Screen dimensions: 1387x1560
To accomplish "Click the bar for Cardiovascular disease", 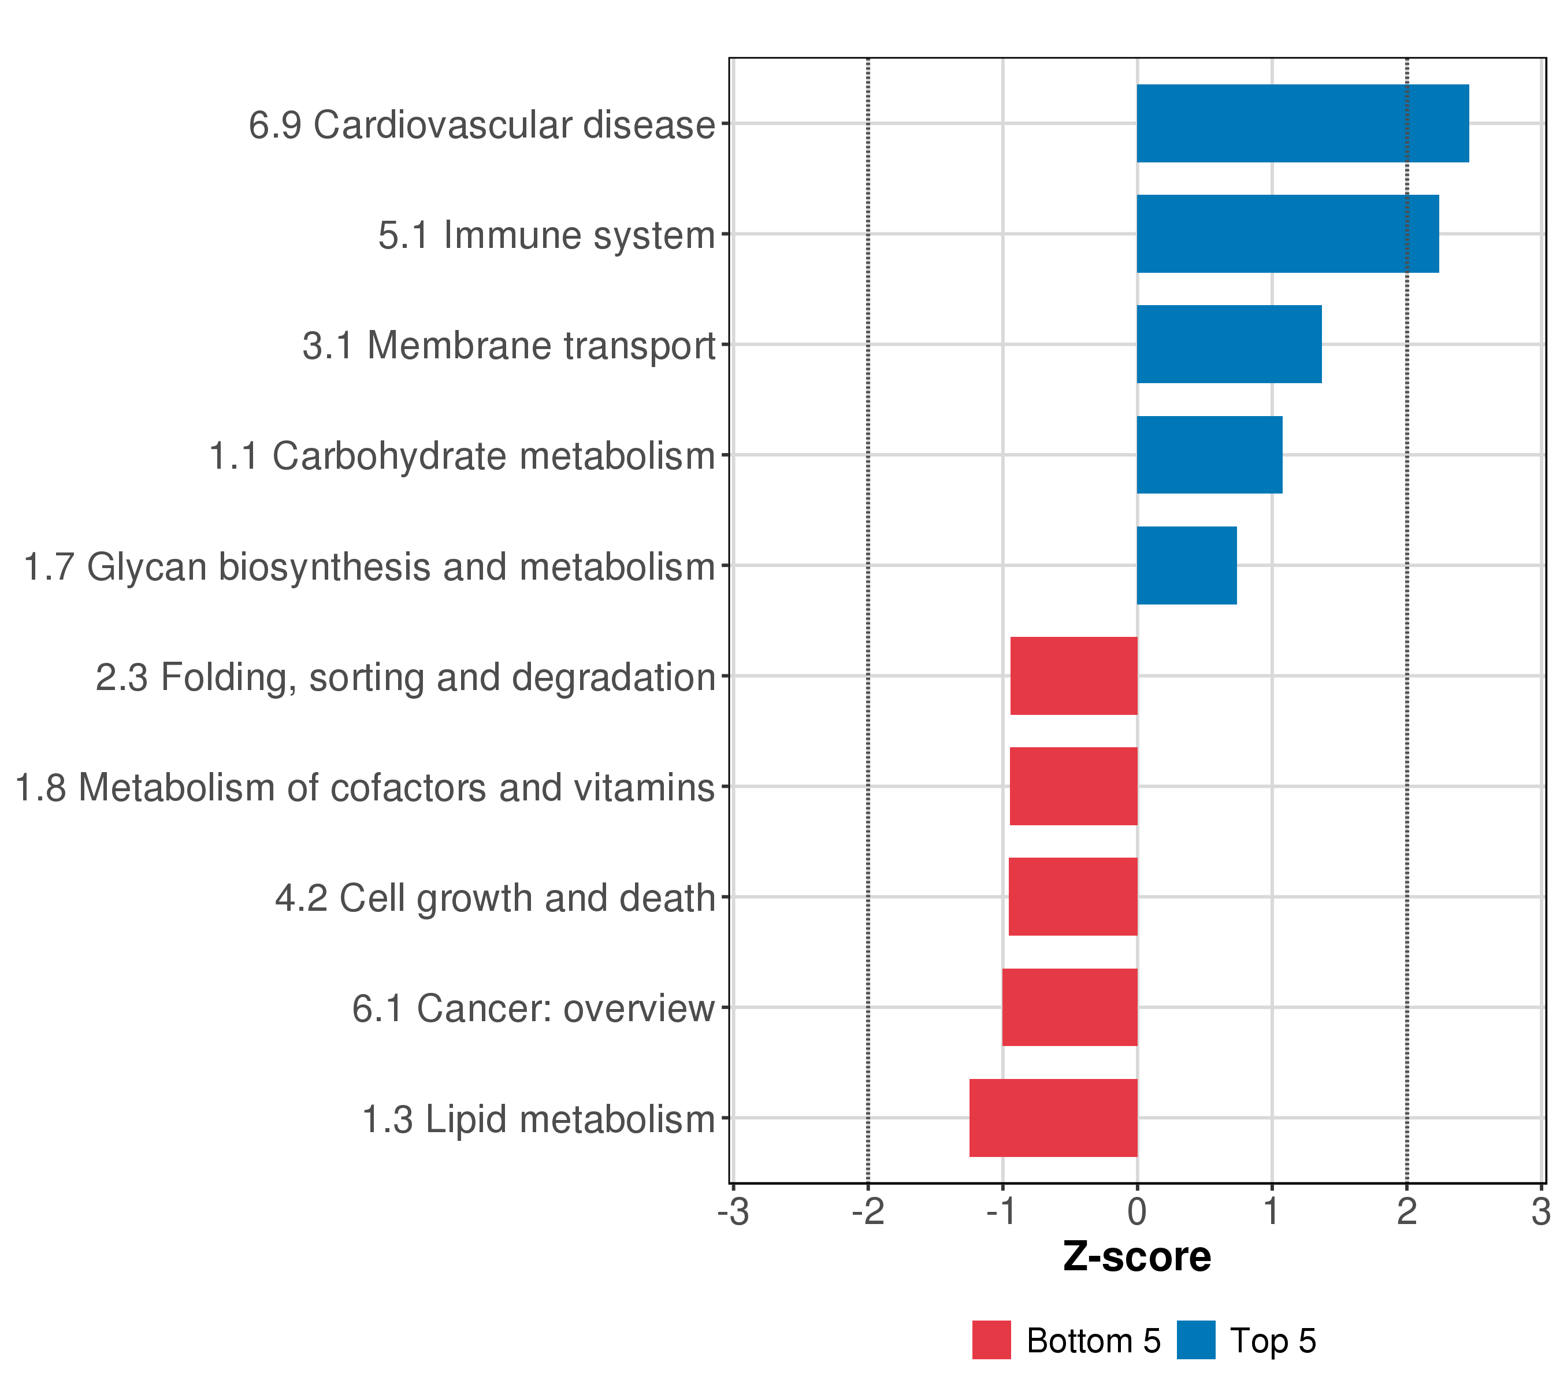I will (1302, 124).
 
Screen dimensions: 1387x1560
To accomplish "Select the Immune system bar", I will (1287, 233).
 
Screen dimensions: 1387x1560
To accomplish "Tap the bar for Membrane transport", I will (1229, 344).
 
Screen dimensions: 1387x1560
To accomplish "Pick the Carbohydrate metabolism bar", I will (1209, 455).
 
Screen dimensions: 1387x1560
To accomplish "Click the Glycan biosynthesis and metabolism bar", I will (1187, 566).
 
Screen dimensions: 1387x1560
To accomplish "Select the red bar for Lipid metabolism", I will (1053, 1118).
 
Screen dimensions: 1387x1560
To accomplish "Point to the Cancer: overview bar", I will (1069, 1007).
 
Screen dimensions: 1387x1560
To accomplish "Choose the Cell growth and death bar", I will (1072, 897).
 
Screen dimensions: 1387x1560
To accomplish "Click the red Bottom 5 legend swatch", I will (991, 1340).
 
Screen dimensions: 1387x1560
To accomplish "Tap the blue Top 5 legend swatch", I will (1195, 1340).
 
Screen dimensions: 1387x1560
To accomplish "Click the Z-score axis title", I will (1136, 1257).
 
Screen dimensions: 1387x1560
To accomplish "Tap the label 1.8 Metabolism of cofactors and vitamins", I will (365, 787).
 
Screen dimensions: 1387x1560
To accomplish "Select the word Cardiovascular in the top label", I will (442, 124).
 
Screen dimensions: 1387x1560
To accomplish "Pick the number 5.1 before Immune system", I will (403, 235).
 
